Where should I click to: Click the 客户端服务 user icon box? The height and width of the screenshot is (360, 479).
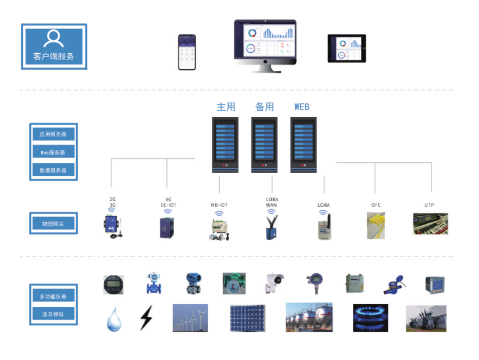[54, 46]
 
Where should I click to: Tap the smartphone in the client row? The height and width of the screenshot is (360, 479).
[186, 52]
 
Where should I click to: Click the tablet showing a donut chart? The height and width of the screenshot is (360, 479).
[346, 49]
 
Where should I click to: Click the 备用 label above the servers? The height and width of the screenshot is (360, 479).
[264, 107]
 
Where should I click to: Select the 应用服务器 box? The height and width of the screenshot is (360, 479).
[53, 134]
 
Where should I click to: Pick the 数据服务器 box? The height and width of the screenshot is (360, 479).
[53, 170]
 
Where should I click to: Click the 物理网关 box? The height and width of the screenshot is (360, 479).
[53, 224]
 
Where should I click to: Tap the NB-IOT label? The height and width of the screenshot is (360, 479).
[219, 205]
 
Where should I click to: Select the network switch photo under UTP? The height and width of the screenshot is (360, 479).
[430, 224]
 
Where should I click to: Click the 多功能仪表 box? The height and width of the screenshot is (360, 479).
[53, 296]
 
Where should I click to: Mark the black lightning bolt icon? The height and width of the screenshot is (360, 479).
[145, 318]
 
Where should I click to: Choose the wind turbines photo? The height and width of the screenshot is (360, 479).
[190, 318]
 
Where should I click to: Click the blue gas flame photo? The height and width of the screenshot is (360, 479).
[370, 318]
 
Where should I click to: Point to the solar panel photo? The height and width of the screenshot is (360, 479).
[247, 318]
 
